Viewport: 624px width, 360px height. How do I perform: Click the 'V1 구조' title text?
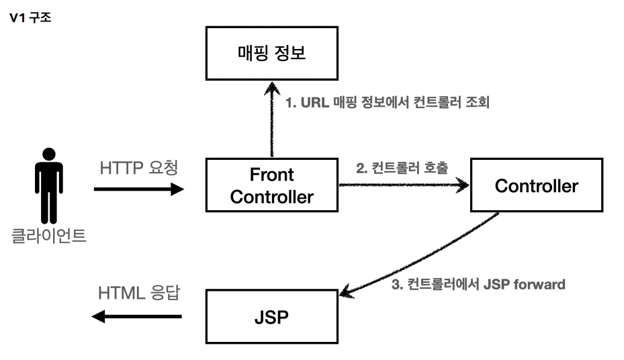tap(30, 18)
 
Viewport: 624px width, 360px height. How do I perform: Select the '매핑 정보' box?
tap(271, 54)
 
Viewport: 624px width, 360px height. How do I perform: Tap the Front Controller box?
tap(271, 185)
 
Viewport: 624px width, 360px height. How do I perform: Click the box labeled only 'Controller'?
tap(536, 185)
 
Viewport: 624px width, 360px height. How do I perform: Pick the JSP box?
tap(271, 316)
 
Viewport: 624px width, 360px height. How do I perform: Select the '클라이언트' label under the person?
tap(48, 236)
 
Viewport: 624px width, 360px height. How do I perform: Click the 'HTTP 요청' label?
tap(139, 168)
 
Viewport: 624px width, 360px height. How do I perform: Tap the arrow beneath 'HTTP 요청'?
tap(139, 189)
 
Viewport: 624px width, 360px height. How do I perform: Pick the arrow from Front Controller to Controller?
tap(403, 183)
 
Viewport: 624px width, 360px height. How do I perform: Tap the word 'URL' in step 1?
tap(313, 103)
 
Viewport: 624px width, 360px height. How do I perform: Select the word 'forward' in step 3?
tap(539, 284)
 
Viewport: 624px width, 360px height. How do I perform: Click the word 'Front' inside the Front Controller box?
tap(271, 175)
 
